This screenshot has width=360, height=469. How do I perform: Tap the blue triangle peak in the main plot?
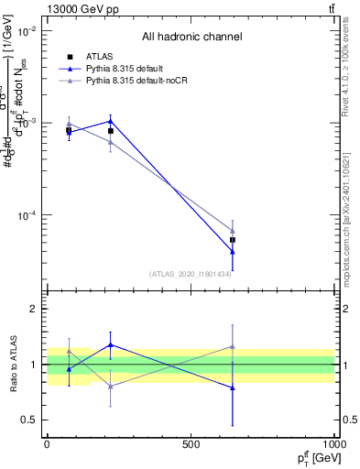pos(111,121)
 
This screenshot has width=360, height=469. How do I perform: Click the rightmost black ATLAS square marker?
pos(233,240)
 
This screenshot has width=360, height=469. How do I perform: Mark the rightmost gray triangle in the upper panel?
pos(233,232)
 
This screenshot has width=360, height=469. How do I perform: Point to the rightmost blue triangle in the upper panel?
pos(233,251)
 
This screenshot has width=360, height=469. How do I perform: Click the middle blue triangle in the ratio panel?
pos(111,345)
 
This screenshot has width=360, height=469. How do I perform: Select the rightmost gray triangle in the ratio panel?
pos(233,346)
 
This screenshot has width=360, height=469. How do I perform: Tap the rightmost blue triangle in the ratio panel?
pos(233,387)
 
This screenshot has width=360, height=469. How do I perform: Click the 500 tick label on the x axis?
pos(191,445)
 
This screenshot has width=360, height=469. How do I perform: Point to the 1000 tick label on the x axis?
pos(333,445)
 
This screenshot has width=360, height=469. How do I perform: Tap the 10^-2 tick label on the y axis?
pos(26,31)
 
